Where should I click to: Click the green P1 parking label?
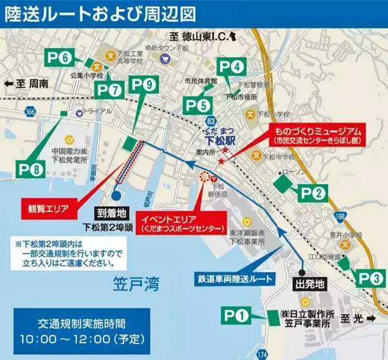tap(236, 317)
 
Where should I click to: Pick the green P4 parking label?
tap(232, 66)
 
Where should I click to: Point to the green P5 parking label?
tap(197, 103)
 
